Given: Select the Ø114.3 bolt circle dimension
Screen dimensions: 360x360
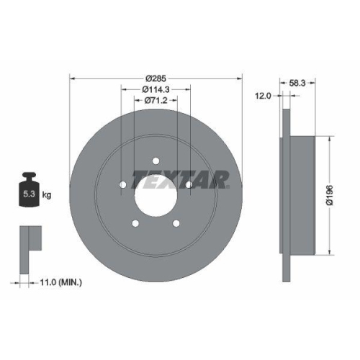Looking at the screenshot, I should tap(156, 89).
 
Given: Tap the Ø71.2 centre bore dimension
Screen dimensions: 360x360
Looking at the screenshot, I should tap(156, 101).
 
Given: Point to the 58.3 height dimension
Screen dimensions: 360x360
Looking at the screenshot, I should tap(295, 84).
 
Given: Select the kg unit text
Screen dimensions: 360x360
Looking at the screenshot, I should tap(46, 194).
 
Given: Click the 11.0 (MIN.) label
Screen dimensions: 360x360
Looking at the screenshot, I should tap(59, 282).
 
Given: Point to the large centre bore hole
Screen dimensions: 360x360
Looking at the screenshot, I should tap(156, 197).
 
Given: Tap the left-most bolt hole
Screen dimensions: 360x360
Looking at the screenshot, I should tap(122, 186).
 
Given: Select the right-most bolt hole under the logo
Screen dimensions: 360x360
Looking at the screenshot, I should tap(189, 186).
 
